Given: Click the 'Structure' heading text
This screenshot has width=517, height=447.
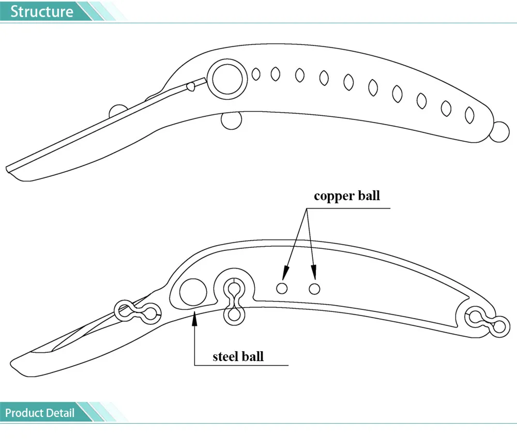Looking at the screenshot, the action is (41, 11).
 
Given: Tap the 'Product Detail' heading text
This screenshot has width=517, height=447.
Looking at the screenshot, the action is (40, 413).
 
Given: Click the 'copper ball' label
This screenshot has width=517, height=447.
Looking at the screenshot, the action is (347, 196).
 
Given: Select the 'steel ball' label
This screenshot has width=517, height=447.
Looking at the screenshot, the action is (238, 356).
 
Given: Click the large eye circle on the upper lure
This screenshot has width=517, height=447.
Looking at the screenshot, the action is (227, 79).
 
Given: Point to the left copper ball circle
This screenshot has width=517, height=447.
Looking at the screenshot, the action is (282, 288).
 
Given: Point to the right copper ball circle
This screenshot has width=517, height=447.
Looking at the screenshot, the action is (314, 289).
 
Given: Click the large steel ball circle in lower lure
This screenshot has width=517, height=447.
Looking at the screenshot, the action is (193, 292).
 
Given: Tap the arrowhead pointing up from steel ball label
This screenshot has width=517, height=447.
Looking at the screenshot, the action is (194, 319).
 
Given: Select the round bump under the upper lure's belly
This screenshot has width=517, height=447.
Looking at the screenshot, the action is (232, 121).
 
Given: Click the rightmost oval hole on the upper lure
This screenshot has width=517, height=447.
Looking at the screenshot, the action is (469, 115).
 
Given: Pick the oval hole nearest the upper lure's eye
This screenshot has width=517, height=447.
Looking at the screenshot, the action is (256, 74).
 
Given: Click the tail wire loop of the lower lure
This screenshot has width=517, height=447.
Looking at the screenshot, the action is (488, 322).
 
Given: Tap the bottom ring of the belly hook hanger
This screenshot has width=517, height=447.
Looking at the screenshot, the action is (234, 315).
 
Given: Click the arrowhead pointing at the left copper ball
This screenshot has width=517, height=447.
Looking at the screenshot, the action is (285, 273).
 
